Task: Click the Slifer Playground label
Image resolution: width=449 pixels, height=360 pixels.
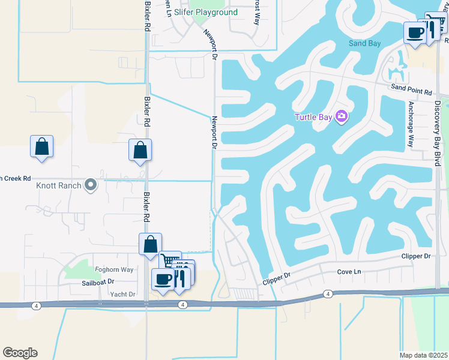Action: pos(206,12)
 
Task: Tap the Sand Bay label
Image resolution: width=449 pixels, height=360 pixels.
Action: pos(365,43)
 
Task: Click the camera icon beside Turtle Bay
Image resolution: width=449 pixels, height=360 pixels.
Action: pos(342,116)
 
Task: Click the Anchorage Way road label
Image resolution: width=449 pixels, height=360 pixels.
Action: pos(411,124)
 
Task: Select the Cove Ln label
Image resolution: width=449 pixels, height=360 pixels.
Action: pos(348,272)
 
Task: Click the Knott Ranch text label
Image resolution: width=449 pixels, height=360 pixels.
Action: pos(58,185)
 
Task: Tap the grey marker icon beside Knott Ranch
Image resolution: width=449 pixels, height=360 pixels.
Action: pos(90,185)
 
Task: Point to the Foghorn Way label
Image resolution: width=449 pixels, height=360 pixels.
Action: pos(114,269)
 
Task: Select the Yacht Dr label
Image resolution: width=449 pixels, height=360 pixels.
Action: pos(122,294)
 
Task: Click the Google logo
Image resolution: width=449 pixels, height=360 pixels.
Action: pos(20,353)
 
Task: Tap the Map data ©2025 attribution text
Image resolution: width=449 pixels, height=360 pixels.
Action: pos(424,355)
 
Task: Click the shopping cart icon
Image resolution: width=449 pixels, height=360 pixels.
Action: pos(170,261)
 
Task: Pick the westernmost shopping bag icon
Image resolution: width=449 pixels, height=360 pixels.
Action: pos(41,146)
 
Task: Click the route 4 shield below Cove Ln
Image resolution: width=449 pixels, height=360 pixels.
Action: pos(327,293)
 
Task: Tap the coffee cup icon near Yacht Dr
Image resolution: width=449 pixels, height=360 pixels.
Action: pos(163,278)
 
